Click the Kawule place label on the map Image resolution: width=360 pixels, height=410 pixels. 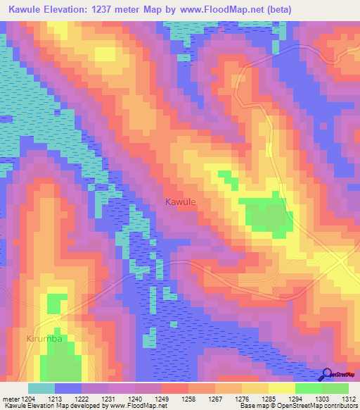[180, 202]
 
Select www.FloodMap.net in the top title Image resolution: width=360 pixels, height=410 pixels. [228, 9]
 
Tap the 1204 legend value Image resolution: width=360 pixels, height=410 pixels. [27, 397]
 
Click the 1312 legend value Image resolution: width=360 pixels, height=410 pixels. [349, 397]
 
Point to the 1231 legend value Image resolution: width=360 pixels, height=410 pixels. [109, 397]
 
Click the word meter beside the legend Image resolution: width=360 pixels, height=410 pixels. [10, 397]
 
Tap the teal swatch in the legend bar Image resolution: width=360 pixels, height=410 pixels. [41, 388]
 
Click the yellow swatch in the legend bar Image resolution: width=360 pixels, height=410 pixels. [282, 388]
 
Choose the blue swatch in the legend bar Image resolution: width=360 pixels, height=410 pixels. [68, 388]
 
